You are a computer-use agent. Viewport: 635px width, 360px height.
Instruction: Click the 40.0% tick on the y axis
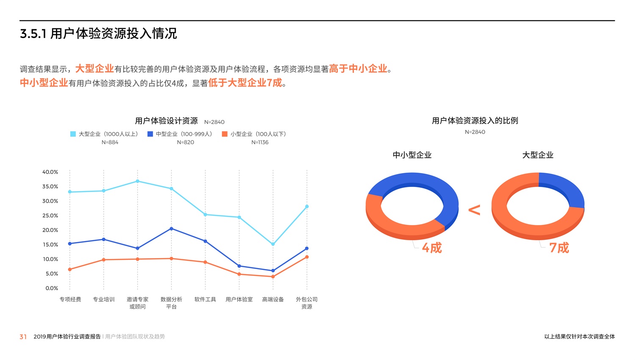(50, 172)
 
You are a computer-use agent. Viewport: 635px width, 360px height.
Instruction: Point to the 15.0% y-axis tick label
(50, 245)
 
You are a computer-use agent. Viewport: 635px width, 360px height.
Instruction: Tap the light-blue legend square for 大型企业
(73, 134)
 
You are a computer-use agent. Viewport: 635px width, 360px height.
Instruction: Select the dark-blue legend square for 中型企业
(150, 134)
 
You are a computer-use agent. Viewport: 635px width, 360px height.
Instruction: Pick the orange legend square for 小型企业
(225, 134)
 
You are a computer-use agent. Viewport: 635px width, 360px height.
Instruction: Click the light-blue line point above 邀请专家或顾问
(138, 181)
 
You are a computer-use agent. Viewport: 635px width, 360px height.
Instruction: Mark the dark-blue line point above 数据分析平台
(171, 229)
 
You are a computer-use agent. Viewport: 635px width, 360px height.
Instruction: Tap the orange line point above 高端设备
(273, 277)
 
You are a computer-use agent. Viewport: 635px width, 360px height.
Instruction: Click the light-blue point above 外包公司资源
(307, 207)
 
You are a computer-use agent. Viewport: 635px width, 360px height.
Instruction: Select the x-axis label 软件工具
(205, 300)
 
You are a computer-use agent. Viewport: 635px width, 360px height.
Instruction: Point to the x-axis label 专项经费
(70, 300)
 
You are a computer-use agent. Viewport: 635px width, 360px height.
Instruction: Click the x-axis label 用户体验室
(239, 300)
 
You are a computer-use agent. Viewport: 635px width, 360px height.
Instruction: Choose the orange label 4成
(432, 248)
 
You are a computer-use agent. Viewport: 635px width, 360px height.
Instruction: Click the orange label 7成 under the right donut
(559, 248)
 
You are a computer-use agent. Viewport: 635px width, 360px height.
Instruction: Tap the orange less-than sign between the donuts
(474, 210)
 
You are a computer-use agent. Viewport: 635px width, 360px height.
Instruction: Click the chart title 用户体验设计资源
(166, 121)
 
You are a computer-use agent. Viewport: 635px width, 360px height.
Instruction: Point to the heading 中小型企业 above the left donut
(412, 155)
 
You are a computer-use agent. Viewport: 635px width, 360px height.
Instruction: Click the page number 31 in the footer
(23, 337)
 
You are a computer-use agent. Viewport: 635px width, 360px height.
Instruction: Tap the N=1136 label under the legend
(260, 143)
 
